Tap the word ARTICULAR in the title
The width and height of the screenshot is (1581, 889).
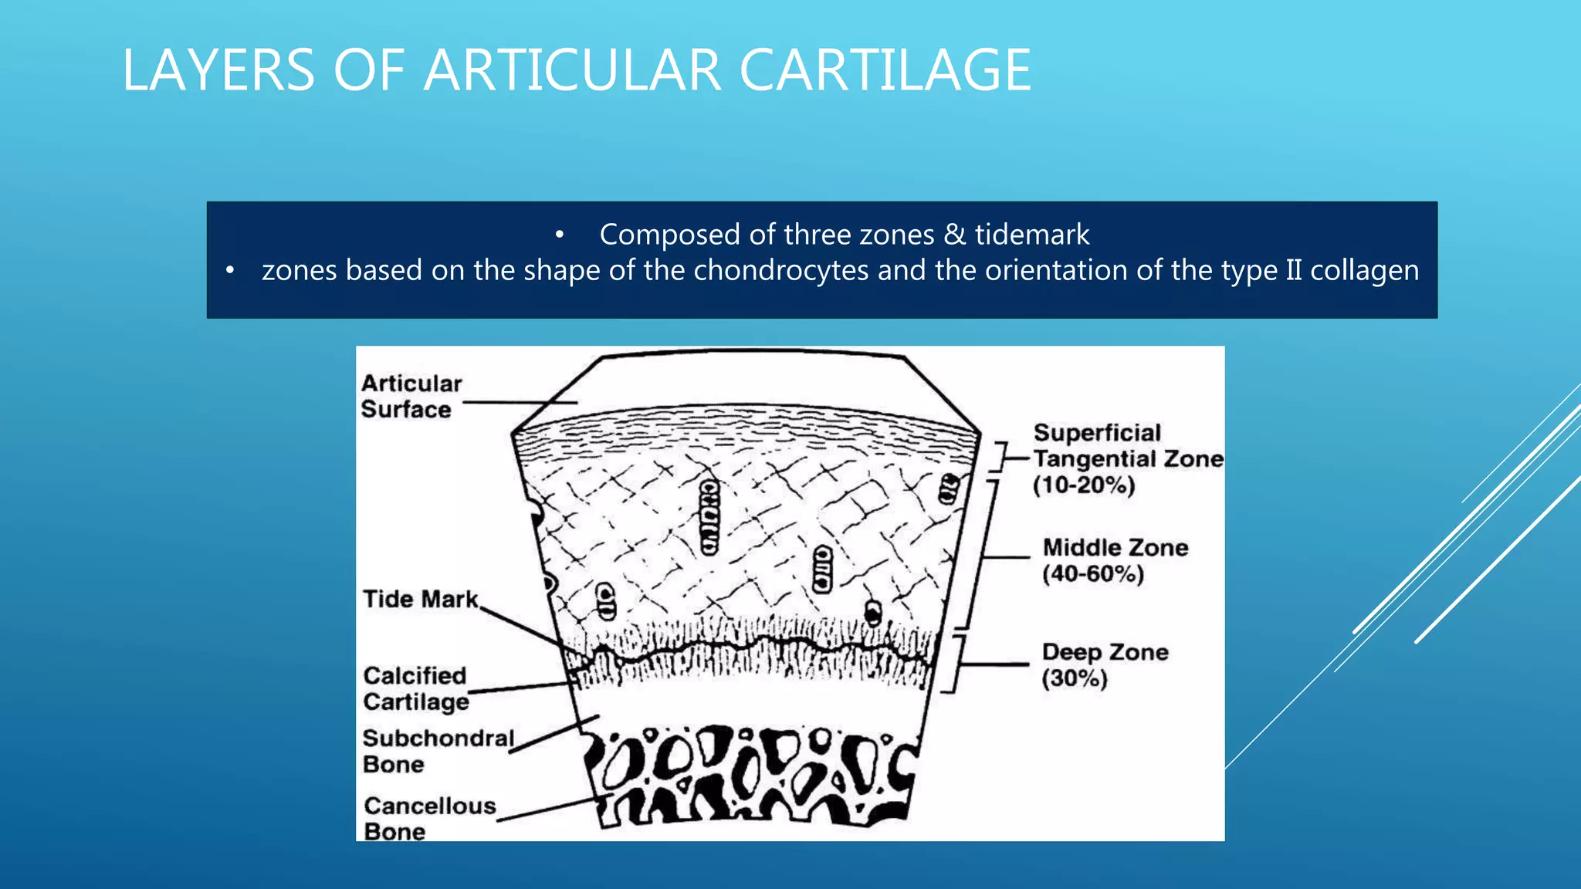tap(572, 70)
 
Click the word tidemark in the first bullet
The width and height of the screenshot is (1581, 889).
tap(1032, 235)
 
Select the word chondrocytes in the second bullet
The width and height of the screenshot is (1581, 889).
tap(781, 271)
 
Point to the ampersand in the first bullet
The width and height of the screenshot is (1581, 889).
tap(954, 235)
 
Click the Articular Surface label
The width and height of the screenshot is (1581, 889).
tap(411, 396)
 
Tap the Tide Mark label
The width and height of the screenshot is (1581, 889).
tap(421, 600)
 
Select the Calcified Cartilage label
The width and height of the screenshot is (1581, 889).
tap(415, 688)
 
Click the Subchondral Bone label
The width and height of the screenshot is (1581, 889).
tap(438, 751)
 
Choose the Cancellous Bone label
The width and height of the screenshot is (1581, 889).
tap(429, 818)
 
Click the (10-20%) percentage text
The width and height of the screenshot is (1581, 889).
tap(1084, 485)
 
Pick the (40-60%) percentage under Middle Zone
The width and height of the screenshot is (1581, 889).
tap(1092, 574)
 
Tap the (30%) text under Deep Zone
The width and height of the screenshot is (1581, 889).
tap(1074, 679)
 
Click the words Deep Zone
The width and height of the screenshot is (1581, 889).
tap(1105, 652)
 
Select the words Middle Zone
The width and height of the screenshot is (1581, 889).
tap(1116, 548)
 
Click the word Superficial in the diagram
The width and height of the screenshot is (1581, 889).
tap(1097, 433)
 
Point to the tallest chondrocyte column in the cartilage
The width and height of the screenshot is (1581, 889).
tap(709, 517)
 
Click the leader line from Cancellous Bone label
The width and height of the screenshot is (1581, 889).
tap(552, 808)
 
